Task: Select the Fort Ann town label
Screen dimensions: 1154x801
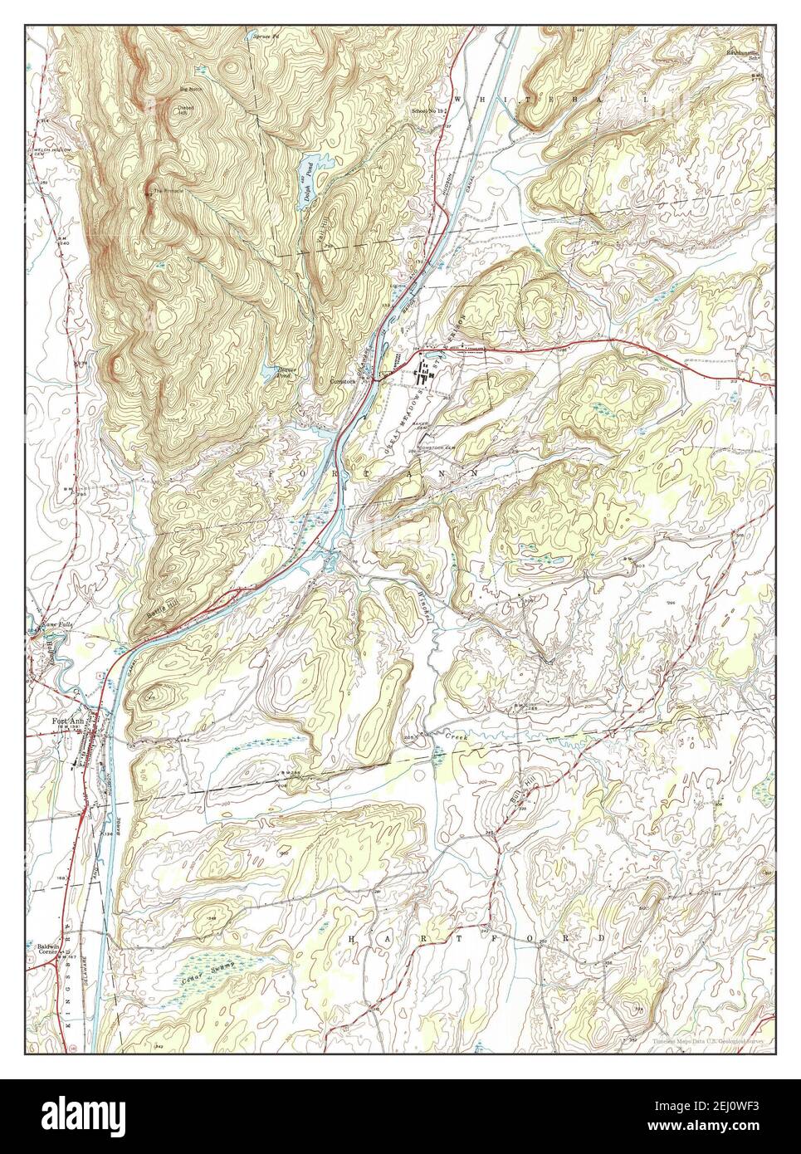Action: pos(57,721)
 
